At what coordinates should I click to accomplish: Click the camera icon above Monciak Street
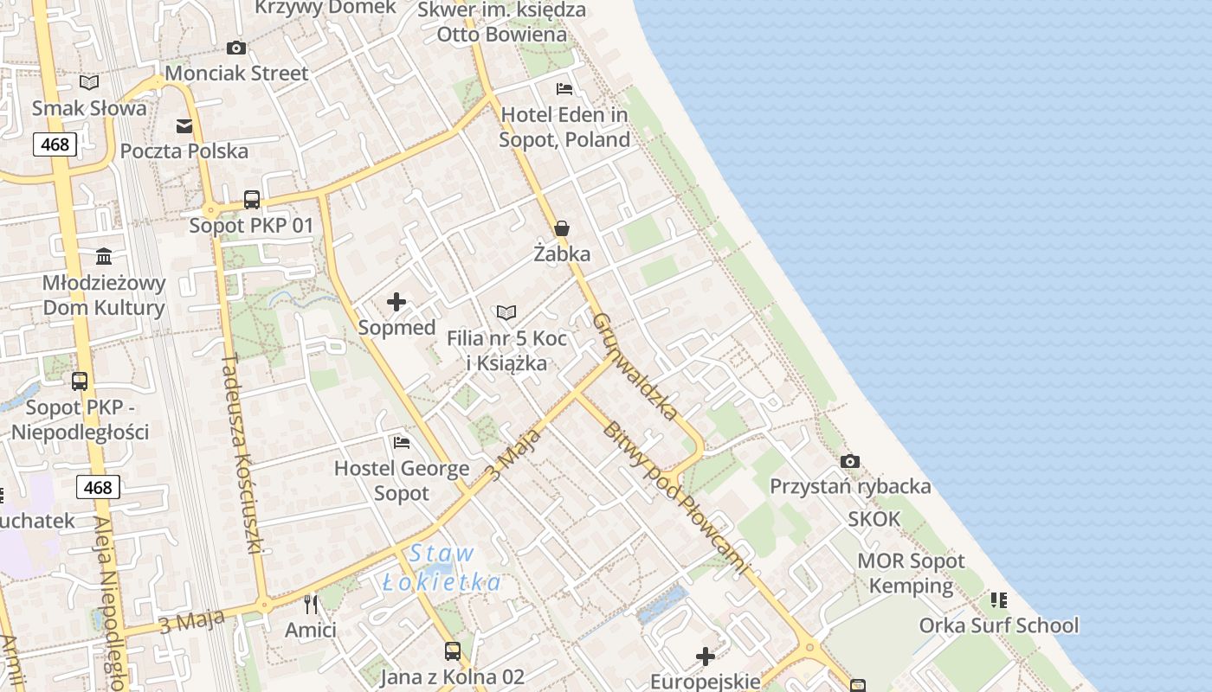pyautogui.click(x=235, y=48)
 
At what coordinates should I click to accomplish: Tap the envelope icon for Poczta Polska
pyautogui.click(x=184, y=126)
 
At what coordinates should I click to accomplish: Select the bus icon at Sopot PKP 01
pyautogui.click(x=252, y=200)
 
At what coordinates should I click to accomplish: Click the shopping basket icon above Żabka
pyautogui.click(x=562, y=228)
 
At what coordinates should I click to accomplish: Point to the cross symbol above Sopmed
pyautogui.click(x=396, y=302)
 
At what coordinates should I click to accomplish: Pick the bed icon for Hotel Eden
pyautogui.click(x=564, y=88)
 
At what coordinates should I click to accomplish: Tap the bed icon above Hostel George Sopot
pyautogui.click(x=402, y=443)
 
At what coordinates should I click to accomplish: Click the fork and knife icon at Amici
pyautogui.click(x=311, y=604)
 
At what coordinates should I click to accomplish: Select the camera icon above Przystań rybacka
pyautogui.click(x=850, y=461)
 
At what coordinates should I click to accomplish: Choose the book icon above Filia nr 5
pyautogui.click(x=506, y=312)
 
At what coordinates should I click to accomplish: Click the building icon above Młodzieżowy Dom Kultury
pyautogui.click(x=105, y=256)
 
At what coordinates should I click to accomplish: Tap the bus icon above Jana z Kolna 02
pyautogui.click(x=452, y=650)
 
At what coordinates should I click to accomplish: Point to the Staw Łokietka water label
pyautogui.click(x=442, y=567)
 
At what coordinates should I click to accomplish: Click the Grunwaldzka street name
pyautogui.click(x=635, y=366)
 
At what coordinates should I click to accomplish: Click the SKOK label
pyautogui.click(x=874, y=519)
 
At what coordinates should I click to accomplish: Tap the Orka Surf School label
pyautogui.click(x=999, y=625)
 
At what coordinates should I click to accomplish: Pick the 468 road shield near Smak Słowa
pyautogui.click(x=55, y=144)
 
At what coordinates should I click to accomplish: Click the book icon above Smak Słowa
pyautogui.click(x=89, y=82)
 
